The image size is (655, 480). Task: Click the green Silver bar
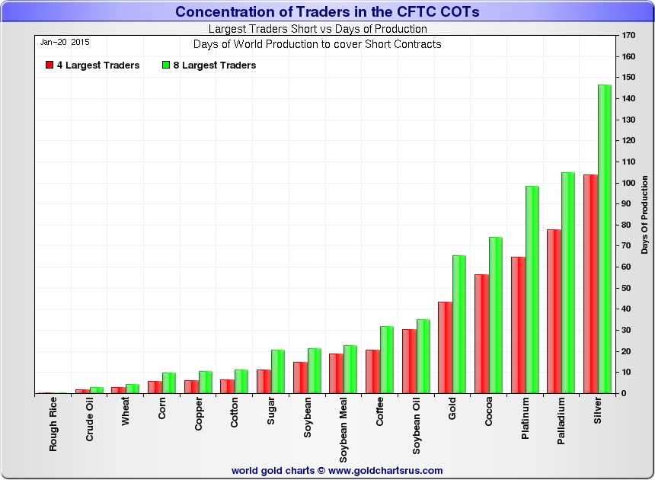point(605,239)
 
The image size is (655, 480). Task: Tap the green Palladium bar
point(568,283)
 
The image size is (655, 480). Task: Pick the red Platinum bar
point(518,325)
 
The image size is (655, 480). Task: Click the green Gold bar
point(459,324)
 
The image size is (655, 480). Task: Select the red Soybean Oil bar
point(409,361)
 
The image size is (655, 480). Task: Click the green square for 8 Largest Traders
point(166,66)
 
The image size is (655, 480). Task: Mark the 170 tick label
point(628,36)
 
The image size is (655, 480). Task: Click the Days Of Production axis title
point(644,215)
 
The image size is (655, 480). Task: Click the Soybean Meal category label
point(344,430)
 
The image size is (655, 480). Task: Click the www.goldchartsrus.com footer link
point(385,470)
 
